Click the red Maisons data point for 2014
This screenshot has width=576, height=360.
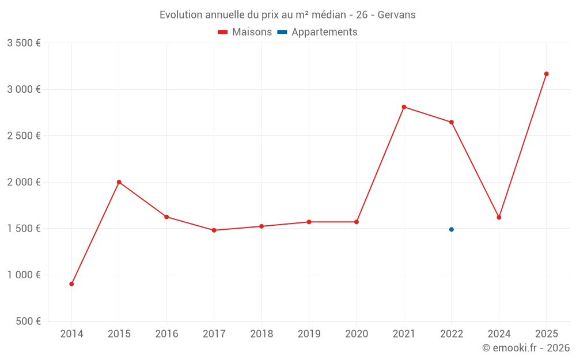71,284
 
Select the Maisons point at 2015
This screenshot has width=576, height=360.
119,182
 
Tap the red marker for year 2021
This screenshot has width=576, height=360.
404,107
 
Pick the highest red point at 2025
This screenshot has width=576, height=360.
547,74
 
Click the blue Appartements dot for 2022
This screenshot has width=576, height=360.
452,229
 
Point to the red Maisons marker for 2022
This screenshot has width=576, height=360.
452,122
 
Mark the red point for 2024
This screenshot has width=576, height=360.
499,217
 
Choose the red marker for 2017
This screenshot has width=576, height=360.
214,230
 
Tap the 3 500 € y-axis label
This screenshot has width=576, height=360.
24,43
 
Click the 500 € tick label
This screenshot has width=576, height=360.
28,321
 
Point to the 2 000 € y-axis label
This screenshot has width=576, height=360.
24,182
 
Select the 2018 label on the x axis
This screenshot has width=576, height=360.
262,334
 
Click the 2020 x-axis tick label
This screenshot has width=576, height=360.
357,334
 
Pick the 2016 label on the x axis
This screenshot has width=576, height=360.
166,334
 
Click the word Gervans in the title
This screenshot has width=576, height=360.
396,15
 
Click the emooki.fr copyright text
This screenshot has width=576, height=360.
526,348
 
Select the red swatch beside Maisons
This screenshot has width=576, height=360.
223,32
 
